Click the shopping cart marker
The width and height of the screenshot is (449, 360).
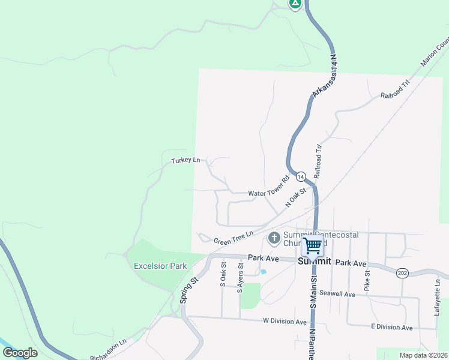(312, 245)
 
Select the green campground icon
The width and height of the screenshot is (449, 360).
(295, 3)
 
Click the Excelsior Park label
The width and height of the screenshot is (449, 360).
(160, 266)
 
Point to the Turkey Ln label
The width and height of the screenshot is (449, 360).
(185, 160)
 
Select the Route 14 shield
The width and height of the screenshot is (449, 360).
(300, 176)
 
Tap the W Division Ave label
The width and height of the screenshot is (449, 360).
(285, 321)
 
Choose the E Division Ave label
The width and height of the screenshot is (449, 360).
(391, 328)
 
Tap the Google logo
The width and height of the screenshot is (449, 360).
(20, 352)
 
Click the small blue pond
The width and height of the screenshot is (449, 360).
(264, 272)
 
